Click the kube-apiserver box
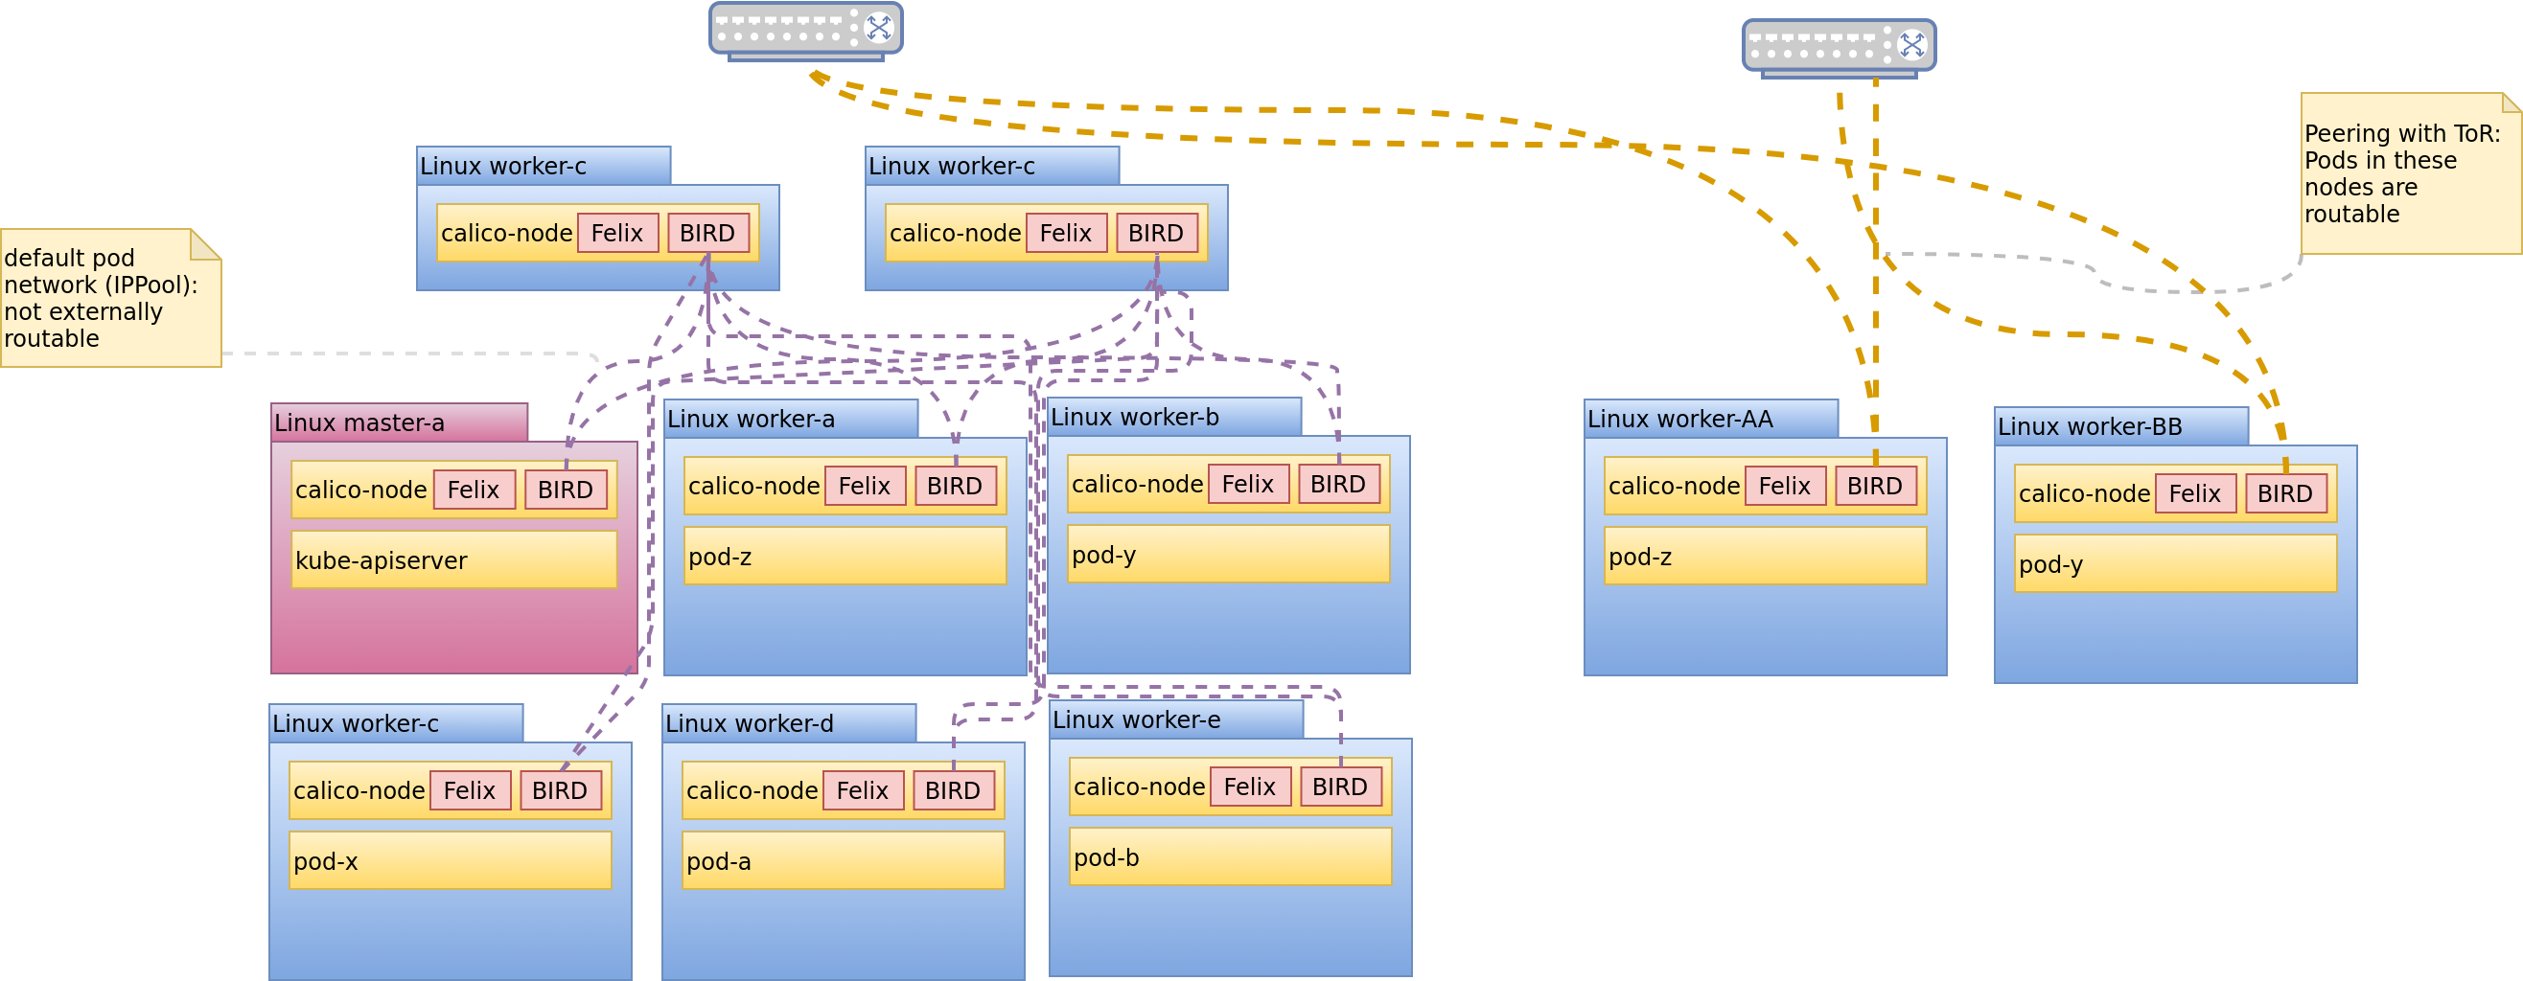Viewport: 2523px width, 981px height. (453, 560)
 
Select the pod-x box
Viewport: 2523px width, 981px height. (450, 860)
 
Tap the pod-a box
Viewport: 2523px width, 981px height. (843, 860)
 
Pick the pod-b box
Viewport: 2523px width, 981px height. (1229, 856)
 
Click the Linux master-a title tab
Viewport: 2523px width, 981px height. (399, 422)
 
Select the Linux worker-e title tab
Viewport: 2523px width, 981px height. (1175, 719)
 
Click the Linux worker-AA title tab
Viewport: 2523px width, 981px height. (1710, 419)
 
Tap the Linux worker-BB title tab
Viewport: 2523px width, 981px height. (2120, 427)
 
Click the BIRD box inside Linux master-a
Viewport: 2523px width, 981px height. (566, 490)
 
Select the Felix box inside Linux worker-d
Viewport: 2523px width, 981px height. (862, 790)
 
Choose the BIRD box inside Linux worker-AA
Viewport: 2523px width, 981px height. (1875, 486)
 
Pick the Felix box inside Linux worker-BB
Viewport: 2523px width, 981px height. (2194, 493)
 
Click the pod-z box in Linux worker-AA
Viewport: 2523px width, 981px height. (1765, 556)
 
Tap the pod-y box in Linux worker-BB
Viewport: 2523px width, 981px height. (2174, 564)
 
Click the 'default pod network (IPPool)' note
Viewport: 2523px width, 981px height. (109, 299)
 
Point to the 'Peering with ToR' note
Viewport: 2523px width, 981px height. (2409, 173)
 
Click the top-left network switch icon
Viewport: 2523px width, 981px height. (805, 31)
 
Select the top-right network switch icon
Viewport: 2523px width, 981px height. (1839, 47)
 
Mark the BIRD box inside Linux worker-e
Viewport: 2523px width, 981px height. (1339, 787)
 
